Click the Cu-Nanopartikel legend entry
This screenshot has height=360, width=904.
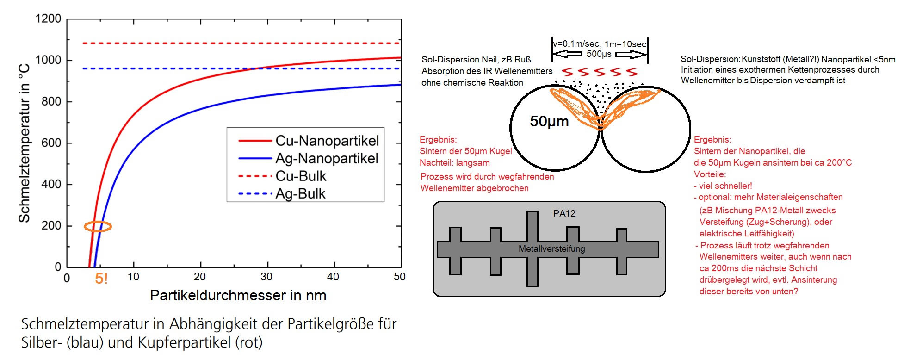point(327,141)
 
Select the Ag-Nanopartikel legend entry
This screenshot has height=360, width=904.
point(327,158)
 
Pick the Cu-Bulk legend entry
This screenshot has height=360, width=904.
point(301,176)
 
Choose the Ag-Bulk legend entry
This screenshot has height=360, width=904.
point(300,193)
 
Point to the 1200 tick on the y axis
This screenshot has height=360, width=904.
point(48,19)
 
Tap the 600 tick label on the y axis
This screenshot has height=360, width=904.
point(51,143)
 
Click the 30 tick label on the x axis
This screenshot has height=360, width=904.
point(266,277)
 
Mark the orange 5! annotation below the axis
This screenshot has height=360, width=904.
point(101,279)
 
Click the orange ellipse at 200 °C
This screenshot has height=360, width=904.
point(98,226)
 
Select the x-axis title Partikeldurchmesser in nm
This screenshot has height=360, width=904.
point(238,295)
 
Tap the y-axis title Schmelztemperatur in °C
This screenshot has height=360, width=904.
point(24,143)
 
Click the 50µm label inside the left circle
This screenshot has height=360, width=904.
point(549,121)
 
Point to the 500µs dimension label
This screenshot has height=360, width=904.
point(599,54)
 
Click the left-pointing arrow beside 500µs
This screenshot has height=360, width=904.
point(568,54)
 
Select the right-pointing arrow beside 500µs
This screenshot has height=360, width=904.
point(630,55)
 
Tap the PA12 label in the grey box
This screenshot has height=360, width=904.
point(564,213)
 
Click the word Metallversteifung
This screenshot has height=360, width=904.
point(551,249)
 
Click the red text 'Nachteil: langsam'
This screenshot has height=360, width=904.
point(454,163)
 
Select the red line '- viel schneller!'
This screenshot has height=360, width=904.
point(723,186)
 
